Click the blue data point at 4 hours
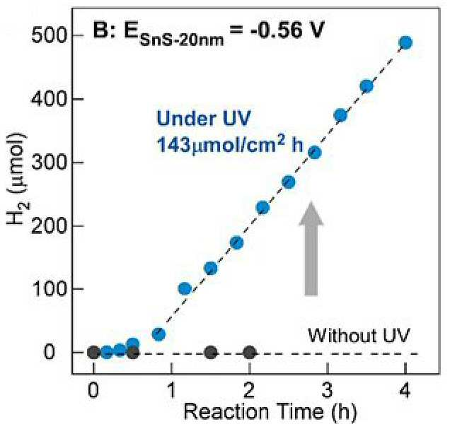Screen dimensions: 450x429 405,42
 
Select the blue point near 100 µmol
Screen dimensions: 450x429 185,288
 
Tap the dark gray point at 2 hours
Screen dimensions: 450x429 249,353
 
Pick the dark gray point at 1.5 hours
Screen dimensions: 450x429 211,352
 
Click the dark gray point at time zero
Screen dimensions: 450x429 93,353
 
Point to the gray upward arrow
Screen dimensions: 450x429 311,249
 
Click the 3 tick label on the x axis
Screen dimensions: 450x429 327,389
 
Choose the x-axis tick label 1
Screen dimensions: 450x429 171,389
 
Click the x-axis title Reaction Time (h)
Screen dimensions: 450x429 270,412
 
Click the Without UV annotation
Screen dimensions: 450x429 359,335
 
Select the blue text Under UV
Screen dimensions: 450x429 204,118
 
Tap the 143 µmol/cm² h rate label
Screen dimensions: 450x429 230,144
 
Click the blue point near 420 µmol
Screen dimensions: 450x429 367,86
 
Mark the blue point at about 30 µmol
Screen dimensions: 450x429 158,334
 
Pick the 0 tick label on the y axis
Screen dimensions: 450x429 49,353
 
